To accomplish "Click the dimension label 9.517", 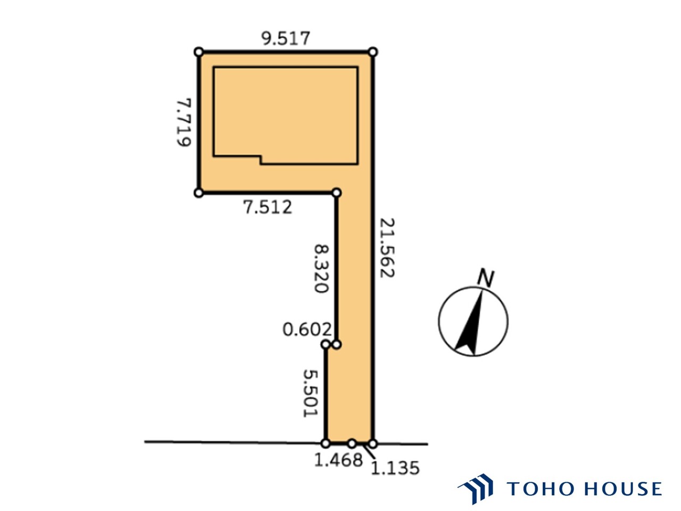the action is tap(285, 38).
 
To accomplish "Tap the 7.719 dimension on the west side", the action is tap(184, 122).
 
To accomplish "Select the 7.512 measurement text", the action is tap(268, 207).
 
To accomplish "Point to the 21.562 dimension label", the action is tap(387, 248).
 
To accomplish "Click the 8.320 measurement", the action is tap(321, 269).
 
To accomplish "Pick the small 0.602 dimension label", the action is tap(307, 329).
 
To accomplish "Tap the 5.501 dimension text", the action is tap(310, 393).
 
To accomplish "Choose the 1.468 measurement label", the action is tap(338, 459).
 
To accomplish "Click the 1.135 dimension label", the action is tap(395, 468).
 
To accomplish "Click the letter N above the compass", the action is tap(486, 278).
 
